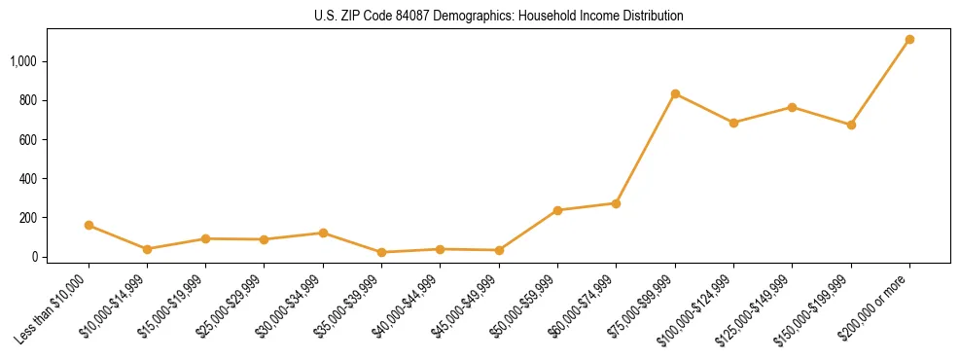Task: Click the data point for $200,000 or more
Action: [x=909, y=40]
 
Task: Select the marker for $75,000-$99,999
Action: [x=675, y=94]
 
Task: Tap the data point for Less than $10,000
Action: [x=89, y=225]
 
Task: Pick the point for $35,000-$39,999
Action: [x=381, y=252]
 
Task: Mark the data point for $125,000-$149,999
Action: [x=792, y=107]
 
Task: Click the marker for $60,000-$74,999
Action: [x=616, y=203]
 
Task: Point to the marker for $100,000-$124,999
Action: [x=733, y=123]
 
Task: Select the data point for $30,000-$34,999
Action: [x=323, y=233]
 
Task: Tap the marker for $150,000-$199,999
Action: [x=851, y=125]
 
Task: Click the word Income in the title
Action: [x=589, y=16]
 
